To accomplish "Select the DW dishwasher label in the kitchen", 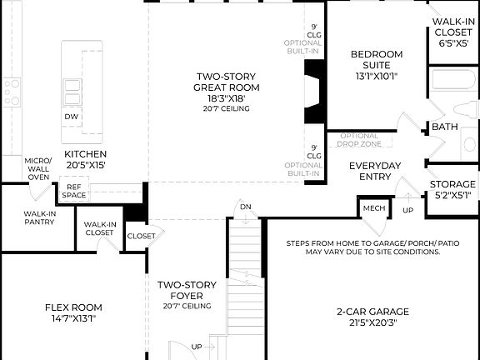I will tap(72, 116).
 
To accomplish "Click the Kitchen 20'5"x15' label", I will tap(85, 159).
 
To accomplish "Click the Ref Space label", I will tap(74, 191).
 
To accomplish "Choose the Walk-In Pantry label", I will tap(39, 218).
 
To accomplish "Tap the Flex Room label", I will tap(73, 312).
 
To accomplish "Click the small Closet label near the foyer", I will tap(140, 236).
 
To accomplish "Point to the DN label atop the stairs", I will tap(244, 206).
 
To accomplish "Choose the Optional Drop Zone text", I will tap(359, 139).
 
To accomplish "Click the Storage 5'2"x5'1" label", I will tap(452, 189).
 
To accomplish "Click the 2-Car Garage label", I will tap(372, 317).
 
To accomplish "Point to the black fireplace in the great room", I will tap(314, 91).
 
